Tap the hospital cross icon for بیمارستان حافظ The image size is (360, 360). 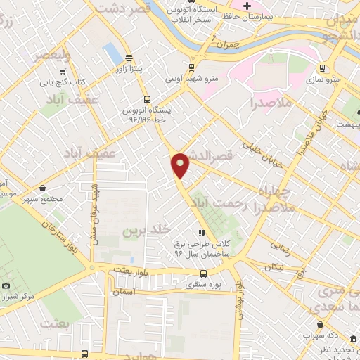(x=246, y=7)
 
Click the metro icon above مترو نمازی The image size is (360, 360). (x=322, y=68)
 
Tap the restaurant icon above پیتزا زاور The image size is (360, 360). (x=129, y=58)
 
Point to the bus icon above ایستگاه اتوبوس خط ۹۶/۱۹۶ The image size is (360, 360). (x=147, y=99)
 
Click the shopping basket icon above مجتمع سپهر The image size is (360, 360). (x=44, y=188)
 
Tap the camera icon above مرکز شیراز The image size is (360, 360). (x=6, y=286)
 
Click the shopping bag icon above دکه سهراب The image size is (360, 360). (x=321, y=325)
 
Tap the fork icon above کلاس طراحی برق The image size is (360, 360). (x=202, y=233)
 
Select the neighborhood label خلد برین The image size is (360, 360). (x=147, y=230)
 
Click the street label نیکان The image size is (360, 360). (x=275, y=267)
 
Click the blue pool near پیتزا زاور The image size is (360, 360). (x=112, y=52)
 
